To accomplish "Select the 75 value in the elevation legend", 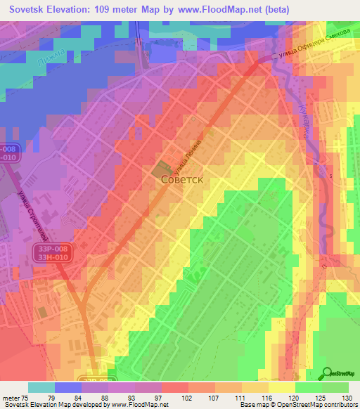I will pyautogui.click(x=28, y=397).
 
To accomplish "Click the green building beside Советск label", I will pyautogui.click(x=161, y=169).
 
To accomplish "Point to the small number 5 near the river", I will pyautogui.click(x=329, y=176).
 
